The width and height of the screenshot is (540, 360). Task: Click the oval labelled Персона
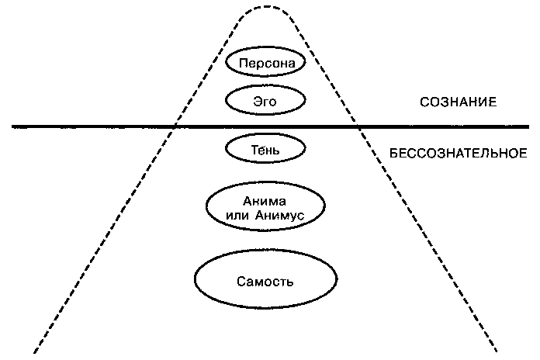[x=265, y=62]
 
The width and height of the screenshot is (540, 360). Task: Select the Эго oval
[x=265, y=99]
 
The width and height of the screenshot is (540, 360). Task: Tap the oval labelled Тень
[x=265, y=148]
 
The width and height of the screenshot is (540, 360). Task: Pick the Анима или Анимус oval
[x=265, y=208]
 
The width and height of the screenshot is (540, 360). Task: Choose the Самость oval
[x=265, y=279]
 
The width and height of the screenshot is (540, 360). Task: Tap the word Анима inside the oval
[x=265, y=201]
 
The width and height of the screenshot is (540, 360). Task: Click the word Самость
[x=265, y=279]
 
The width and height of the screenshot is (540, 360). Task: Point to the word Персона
[x=265, y=62]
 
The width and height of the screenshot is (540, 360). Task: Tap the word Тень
[x=265, y=148]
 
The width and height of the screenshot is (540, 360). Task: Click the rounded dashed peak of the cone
[x=267, y=7]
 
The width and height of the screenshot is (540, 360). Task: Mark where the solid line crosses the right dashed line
[x=358, y=126]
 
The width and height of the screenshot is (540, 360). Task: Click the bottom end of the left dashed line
[x=34, y=351]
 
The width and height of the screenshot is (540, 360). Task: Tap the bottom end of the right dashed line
[x=497, y=351]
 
